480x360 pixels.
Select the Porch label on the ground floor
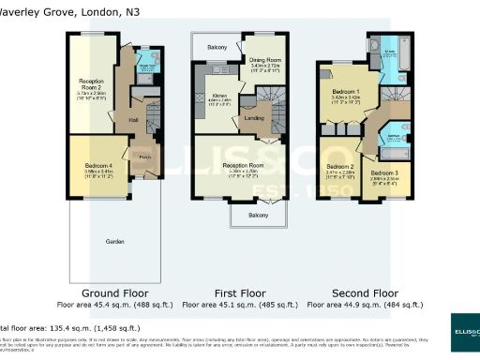pos(144,157)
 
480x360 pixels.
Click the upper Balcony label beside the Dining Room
pos(217,45)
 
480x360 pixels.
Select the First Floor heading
pos(238,293)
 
